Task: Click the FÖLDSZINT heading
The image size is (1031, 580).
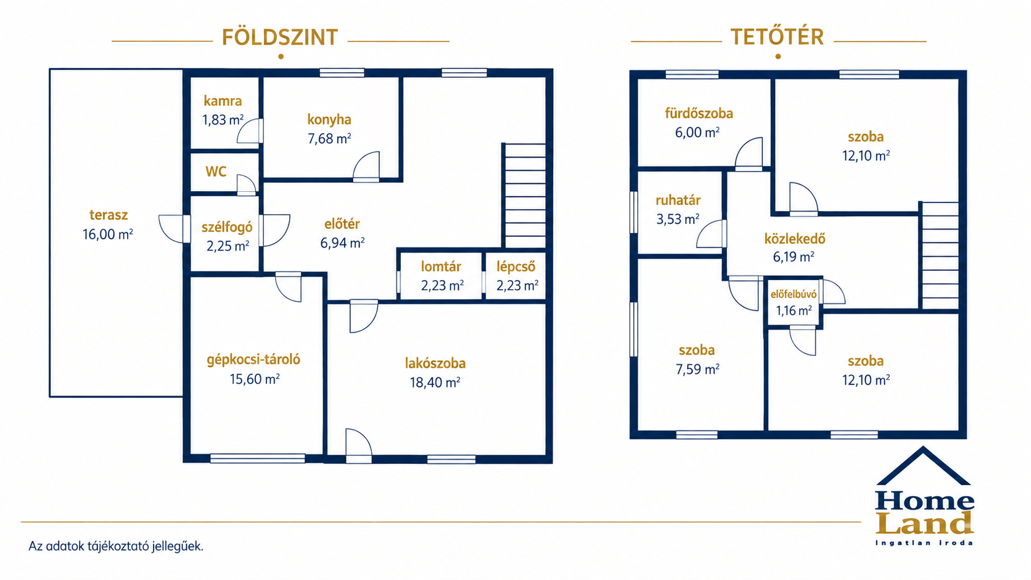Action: [280, 37]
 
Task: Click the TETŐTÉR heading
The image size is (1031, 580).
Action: [777, 36]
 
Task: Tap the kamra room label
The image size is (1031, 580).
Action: [223, 101]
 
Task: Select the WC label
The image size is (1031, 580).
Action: [216, 172]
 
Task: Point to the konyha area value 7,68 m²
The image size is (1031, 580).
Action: [329, 138]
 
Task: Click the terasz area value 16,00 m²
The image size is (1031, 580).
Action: [108, 234]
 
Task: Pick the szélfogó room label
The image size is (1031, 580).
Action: [227, 227]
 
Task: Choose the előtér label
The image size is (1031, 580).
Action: [342, 224]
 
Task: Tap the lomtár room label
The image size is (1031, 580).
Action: [441, 267]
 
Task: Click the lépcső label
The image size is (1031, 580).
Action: [516, 267]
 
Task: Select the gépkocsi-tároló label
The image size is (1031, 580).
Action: [253, 359]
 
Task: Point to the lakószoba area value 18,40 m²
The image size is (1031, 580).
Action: [435, 383]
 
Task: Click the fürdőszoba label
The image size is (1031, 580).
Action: [699, 114]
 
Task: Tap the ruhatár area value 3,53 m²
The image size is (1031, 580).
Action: [678, 219]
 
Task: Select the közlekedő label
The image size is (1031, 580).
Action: [795, 239]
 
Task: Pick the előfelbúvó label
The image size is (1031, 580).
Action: [794, 294]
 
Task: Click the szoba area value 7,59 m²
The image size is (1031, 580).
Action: [697, 369]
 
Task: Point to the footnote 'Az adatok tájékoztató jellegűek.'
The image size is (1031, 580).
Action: [116, 546]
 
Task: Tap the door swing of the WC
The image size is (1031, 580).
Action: [246, 185]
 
